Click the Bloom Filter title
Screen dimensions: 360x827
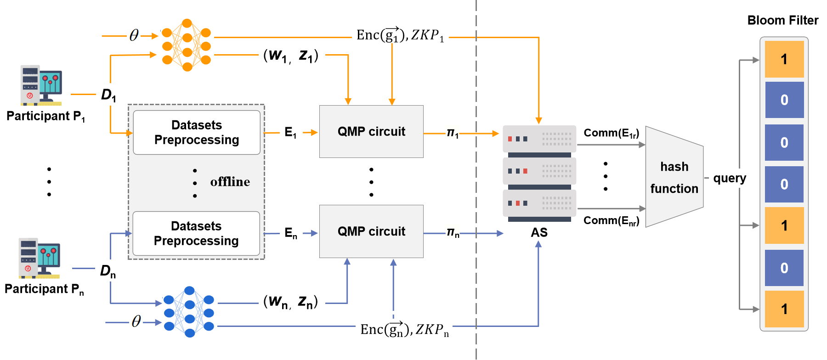(782, 20)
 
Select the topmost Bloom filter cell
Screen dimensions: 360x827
(784, 59)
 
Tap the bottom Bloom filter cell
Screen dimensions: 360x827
(784, 309)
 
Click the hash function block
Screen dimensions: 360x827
(674, 177)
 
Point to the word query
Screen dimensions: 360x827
(730, 178)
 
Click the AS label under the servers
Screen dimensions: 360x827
(539, 232)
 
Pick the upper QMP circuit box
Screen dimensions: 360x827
(371, 132)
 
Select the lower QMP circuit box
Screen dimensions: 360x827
(371, 231)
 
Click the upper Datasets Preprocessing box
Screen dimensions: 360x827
(197, 132)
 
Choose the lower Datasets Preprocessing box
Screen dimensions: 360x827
(196, 233)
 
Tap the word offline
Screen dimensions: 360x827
(230, 182)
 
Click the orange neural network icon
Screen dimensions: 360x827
(187, 45)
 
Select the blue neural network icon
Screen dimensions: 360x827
(189, 312)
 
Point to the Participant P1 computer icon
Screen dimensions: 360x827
(41, 85)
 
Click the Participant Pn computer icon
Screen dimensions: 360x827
(39, 258)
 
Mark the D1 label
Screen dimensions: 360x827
(108, 95)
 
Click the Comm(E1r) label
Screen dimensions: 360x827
(611, 133)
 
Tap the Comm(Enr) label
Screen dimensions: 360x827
(611, 221)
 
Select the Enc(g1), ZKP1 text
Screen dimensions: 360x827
(400, 35)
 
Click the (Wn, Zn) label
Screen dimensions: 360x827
(290, 302)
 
